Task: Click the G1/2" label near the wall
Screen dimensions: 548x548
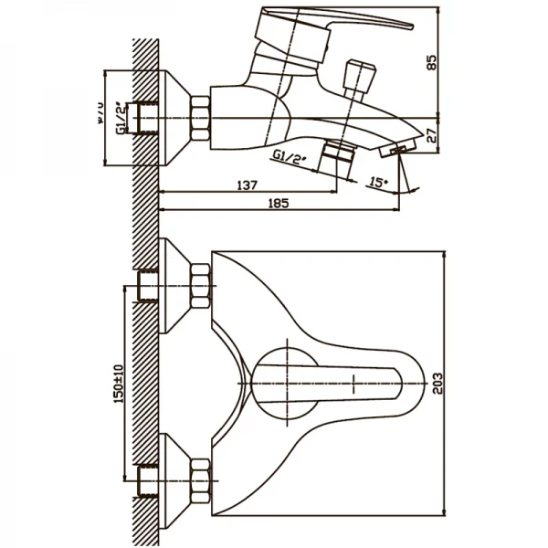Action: tap(120, 117)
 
